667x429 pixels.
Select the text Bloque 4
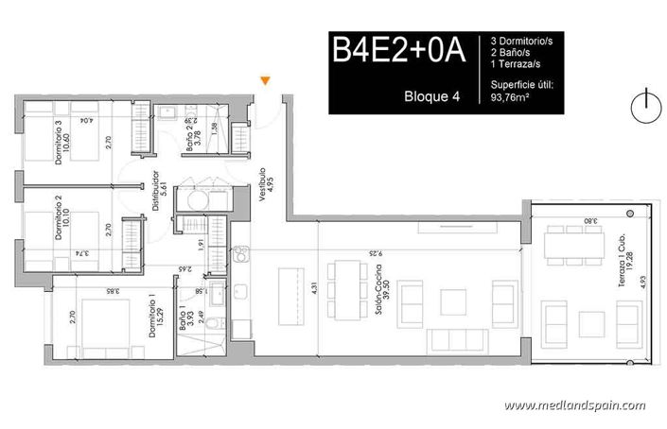pyautogui.click(x=431, y=95)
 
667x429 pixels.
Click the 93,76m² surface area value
pyautogui.click(x=513, y=94)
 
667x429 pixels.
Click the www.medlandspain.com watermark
pyautogui.click(x=574, y=405)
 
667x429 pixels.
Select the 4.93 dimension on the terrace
pyautogui.click(x=642, y=281)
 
